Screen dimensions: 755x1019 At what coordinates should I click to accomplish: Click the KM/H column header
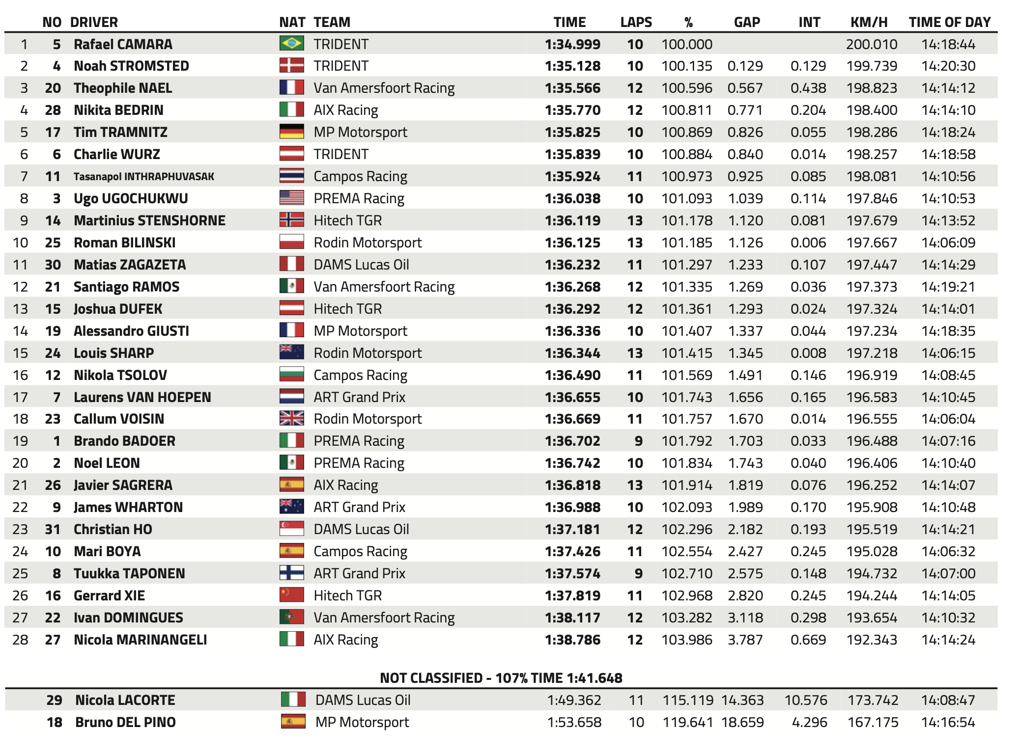869,22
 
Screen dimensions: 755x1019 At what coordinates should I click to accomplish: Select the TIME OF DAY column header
949,22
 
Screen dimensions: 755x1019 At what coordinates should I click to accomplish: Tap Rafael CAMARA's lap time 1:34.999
572,44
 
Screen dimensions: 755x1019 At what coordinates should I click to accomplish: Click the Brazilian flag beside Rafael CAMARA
291,44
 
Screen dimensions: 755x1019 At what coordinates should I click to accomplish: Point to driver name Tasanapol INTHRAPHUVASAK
144,176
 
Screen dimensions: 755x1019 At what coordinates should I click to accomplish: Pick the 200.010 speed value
871,44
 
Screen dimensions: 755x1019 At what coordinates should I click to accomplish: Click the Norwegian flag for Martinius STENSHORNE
291,220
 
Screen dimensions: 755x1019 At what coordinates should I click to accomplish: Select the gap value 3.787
745,640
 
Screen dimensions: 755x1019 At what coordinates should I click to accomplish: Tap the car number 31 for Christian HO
53,529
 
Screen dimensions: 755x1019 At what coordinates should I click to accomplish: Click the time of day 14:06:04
948,419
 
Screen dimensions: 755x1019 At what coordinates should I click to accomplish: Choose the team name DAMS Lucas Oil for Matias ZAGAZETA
361,265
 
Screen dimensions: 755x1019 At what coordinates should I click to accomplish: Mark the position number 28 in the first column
20,640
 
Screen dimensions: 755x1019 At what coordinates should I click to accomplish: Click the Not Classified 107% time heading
501,678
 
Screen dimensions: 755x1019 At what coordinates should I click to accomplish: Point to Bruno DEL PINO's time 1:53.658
574,722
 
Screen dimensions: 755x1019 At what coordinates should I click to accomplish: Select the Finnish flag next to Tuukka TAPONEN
291,573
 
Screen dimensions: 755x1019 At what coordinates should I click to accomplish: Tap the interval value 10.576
805,700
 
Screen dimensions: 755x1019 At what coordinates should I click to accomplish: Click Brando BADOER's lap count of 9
638,441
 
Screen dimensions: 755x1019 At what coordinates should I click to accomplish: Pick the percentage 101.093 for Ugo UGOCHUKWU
686,198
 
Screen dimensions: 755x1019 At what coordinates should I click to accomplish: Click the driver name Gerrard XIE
109,595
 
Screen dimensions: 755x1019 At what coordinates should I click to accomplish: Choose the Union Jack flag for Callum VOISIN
291,418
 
